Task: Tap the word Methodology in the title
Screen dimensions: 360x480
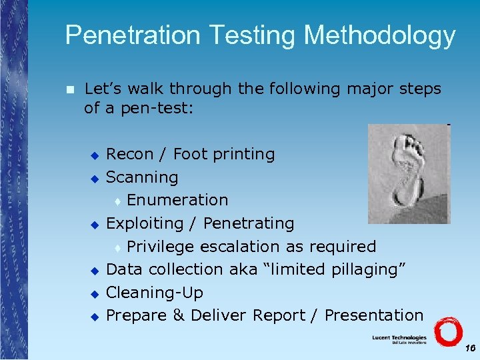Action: pyautogui.click(x=380, y=36)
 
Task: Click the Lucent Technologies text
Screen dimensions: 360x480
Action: pyautogui.click(x=399, y=338)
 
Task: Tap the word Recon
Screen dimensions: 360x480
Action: pyautogui.click(x=130, y=154)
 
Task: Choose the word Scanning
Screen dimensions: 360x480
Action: pyautogui.click(x=142, y=177)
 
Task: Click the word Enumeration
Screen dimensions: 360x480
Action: pyautogui.click(x=177, y=200)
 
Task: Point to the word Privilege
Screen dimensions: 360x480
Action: pyautogui.click(x=161, y=247)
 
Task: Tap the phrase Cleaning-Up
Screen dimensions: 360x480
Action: pyautogui.click(x=155, y=293)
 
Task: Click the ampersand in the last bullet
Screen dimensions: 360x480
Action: pyautogui.click(x=178, y=315)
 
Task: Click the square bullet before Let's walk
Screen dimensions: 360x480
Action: pyautogui.click(x=71, y=89)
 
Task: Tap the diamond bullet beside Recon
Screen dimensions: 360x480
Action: pyautogui.click(x=95, y=155)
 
